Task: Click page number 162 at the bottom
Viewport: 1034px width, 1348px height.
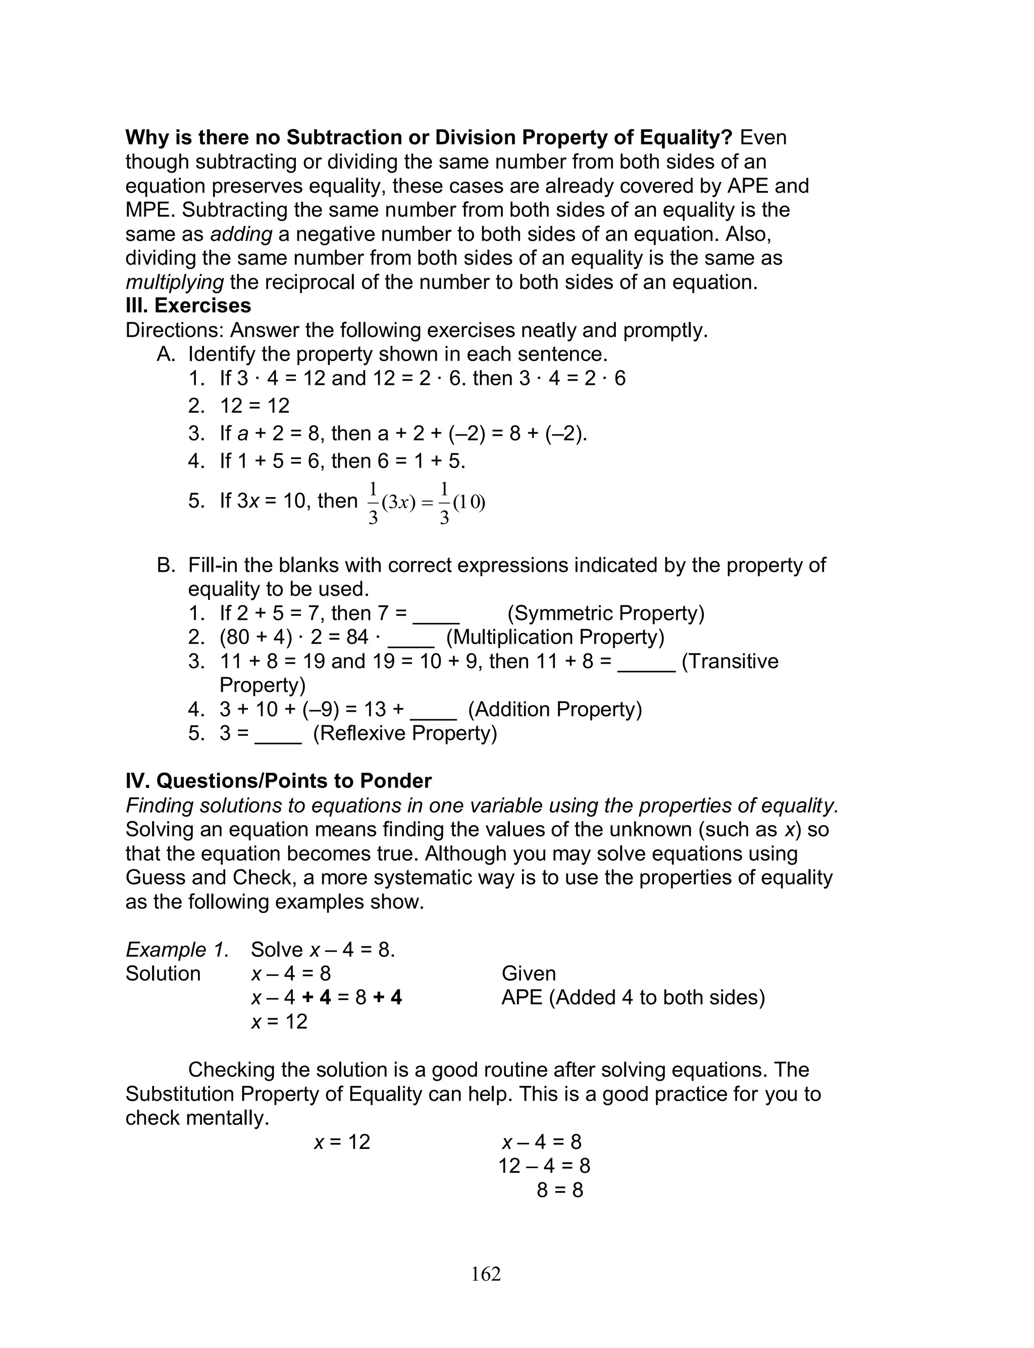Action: [486, 1274]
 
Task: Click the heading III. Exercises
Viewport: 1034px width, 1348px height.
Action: [188, 306]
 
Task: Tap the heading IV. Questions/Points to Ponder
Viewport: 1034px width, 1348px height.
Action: [278, 781]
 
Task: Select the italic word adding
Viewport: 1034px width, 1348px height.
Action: [241, 234]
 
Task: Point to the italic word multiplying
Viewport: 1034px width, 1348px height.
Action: [174, 282]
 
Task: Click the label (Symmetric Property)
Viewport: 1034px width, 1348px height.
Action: [606, 613]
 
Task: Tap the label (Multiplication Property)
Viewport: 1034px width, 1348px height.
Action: [555, 637]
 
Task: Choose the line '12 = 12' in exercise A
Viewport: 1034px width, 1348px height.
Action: [254, 406]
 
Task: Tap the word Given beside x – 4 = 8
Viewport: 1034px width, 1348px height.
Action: [529, 974]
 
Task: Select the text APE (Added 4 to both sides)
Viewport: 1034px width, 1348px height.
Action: [633, 998]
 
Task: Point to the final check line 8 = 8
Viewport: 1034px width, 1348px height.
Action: [559, 1190]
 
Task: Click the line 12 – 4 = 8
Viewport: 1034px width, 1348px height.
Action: [544, 1166]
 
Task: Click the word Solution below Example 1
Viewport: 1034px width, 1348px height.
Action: [163, 974]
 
